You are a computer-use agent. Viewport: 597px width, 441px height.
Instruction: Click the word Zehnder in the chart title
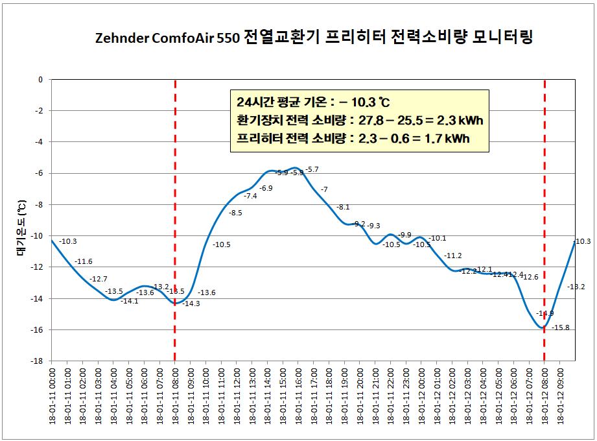pos(121,38)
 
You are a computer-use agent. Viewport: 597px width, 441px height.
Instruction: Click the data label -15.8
pos(561,328)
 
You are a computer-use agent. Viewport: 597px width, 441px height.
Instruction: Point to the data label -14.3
pos(191,304)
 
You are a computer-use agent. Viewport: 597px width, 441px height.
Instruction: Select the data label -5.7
pos(312,169)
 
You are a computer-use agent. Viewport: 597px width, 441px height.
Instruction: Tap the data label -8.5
pos(236,213)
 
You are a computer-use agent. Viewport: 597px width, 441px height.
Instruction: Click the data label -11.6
pos(84,261)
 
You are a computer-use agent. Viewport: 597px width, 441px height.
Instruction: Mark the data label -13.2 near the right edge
pos(576,287)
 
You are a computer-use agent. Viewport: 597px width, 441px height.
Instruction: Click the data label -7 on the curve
pos(324,189)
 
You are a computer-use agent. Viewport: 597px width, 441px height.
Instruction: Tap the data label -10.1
pos(438,238)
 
